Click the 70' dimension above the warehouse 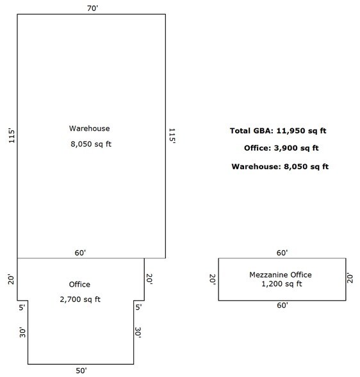(92, 8)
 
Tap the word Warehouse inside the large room (89, 128)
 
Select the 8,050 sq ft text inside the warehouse (91, 144)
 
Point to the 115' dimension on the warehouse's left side (12, 136)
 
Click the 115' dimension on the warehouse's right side (172, 136)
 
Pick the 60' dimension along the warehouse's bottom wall (80, 253)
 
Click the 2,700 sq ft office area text (80, 299)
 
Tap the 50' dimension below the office (81, 371)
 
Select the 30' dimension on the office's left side (22, 332)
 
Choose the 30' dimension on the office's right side (138, 332)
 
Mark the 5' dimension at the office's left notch (22, 307)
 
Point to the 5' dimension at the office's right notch (138, 307)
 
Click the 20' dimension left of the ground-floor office (12, 279)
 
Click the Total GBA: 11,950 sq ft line (278, 131)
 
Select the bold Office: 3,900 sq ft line (281, 148)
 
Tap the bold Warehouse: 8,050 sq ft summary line (280, 167)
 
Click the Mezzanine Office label (281, 274)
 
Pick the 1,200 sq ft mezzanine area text (281, 284)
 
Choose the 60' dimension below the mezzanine (282, 305)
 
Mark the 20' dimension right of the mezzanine (350, 278)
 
